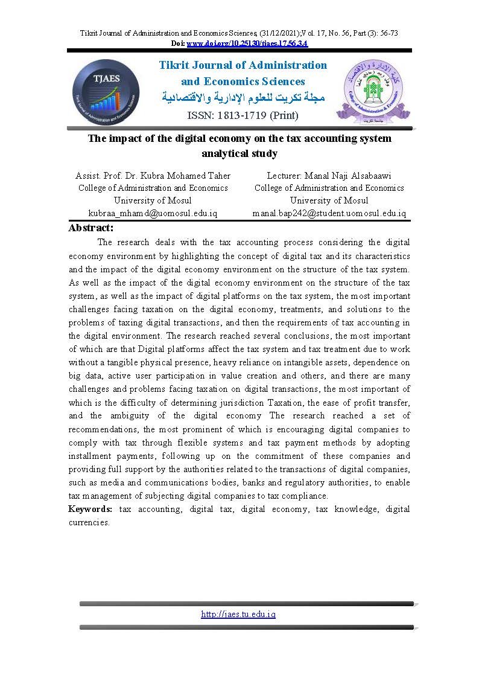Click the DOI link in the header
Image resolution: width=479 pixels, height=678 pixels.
pos(247,43)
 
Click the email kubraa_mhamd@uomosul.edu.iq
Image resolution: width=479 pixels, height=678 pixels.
pos(153,213)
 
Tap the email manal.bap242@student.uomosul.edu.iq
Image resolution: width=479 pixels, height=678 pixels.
pos(329,213)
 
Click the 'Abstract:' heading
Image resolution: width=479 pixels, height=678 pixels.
pos(91,228)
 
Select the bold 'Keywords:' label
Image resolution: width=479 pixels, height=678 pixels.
pos(90,509)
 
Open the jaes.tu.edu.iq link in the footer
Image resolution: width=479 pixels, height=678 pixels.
pos(238,614)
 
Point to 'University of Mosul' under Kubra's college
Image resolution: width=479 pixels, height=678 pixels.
pos(153,200)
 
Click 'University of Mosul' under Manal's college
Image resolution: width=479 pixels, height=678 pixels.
pos(329,200)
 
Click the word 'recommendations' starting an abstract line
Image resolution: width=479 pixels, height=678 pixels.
pos(102,429)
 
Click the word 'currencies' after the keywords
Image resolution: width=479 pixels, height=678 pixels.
pos(88,522)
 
